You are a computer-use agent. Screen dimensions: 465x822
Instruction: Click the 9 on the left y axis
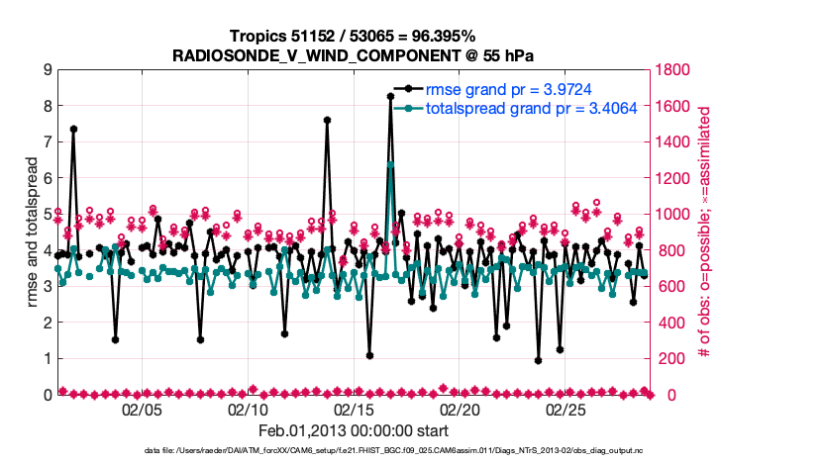click(x=47, y=70)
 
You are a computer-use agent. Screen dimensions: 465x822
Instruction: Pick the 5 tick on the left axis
click(x=47, y=215)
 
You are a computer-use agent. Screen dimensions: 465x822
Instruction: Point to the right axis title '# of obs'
click(x=705, y=232)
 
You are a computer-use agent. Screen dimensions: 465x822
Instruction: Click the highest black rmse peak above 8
click(x=390, y=96)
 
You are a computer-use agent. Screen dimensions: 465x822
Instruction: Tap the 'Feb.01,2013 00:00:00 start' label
click(x=354, y=431)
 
